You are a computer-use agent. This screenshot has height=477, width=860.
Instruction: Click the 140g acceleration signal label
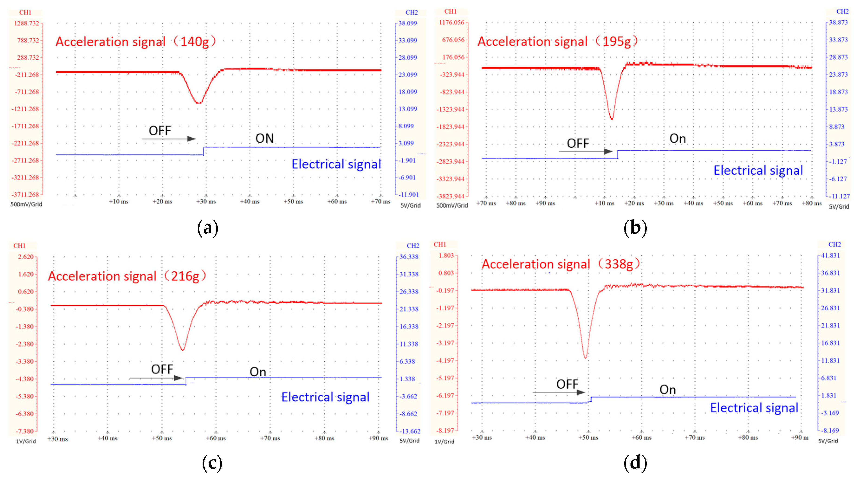pos(136,42)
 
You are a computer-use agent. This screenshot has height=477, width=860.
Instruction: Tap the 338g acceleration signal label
pos(560,264)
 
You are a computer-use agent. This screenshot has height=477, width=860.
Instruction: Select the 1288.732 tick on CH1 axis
pos(26,23)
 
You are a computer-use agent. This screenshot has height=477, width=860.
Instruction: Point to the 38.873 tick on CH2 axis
pos(838,22)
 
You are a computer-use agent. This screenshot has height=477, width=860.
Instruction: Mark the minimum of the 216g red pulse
pos(183,349)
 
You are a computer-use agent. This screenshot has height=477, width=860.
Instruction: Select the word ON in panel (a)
pos(264,139)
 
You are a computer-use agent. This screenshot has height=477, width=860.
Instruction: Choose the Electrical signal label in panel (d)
pos(754,408)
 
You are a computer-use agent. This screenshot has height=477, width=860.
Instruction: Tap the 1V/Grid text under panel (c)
pos(26,441)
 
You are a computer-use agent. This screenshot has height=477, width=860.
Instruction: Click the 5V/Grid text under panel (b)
pos(839,207)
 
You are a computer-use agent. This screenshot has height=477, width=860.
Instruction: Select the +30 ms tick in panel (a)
pos(206,202)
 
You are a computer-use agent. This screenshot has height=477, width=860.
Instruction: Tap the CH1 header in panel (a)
pos(25,12)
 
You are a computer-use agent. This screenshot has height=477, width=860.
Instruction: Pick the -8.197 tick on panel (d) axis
pos(445,431)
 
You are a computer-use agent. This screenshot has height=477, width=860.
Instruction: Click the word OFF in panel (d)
pos(567,384)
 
